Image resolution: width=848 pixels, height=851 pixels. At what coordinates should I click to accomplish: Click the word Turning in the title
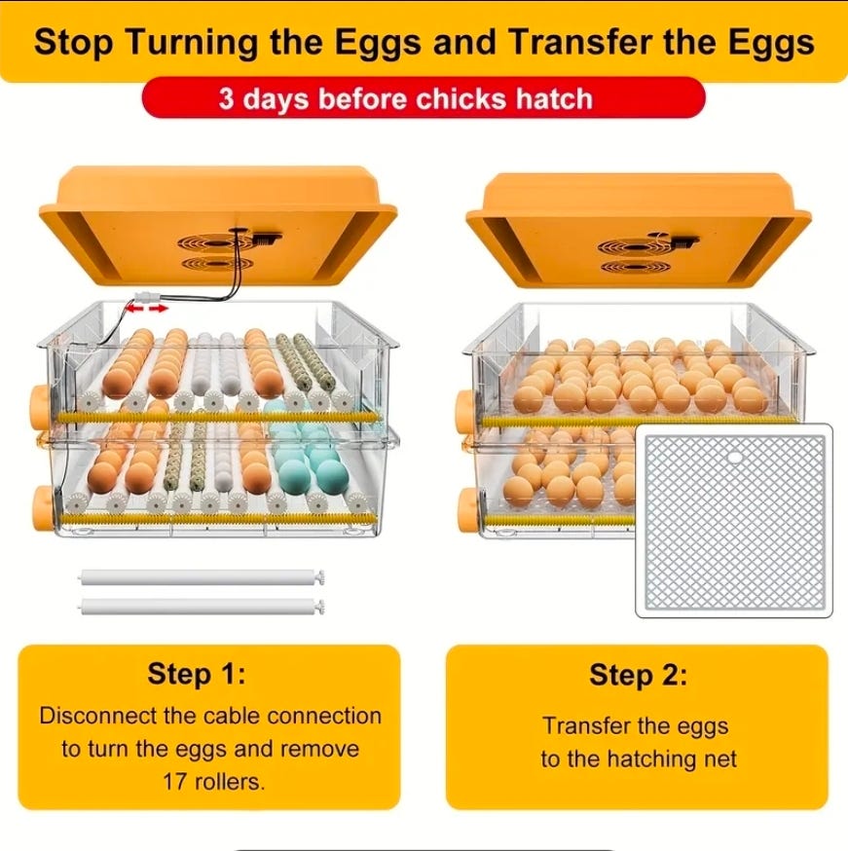coord(193,43)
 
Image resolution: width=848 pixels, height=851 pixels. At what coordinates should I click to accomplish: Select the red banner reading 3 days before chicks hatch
coord(424,97)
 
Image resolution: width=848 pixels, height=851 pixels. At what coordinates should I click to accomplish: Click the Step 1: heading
coord(197,674)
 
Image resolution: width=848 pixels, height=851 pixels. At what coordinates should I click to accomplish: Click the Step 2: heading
coord(638,675)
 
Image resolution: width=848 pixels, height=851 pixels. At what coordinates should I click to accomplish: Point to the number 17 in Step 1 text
coord(174,782)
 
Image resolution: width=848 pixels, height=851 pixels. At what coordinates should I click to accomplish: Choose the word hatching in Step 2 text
coord(645,758)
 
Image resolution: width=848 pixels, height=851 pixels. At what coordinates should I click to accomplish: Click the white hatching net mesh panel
coord(734,521)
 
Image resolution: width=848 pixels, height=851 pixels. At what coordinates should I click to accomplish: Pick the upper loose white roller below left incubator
coord(203,577)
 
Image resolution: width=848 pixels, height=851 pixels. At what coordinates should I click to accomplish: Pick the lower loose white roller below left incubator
coord(203,607)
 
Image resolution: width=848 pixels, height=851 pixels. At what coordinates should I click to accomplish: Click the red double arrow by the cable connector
coord(147,309)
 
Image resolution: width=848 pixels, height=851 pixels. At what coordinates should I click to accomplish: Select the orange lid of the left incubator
coord(218,225)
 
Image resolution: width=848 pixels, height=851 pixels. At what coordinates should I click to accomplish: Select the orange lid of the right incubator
coord(639,230)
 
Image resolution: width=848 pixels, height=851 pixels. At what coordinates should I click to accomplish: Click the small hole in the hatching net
coord(735,458)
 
